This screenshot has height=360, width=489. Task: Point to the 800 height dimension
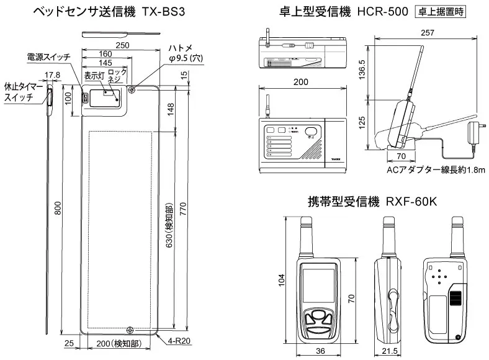click(x=58, y=211)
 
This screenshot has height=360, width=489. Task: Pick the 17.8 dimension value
click(x=52, y=75)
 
